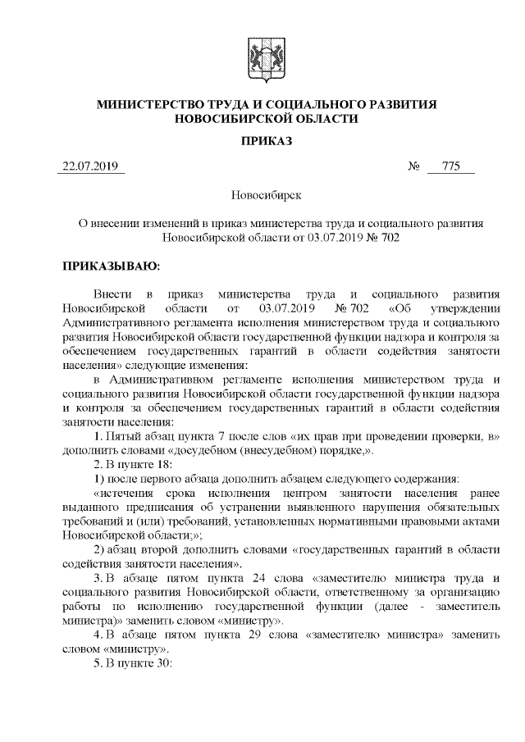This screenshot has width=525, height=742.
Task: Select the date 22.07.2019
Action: tap(90, 167)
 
